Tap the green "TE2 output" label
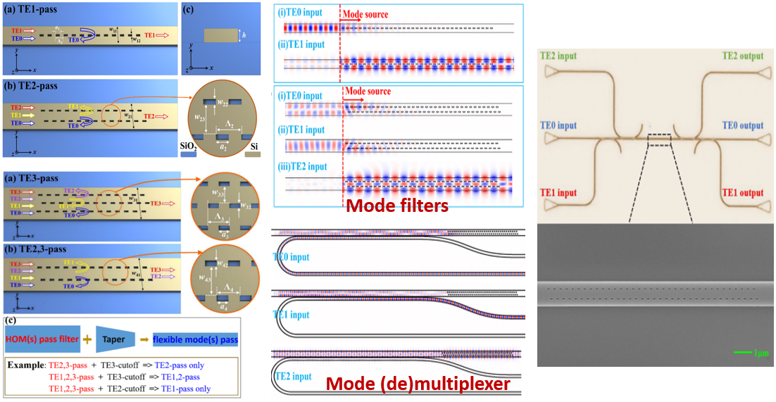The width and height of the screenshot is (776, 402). [x=746, y=56]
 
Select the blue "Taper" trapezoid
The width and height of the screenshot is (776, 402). [x=115, y=339]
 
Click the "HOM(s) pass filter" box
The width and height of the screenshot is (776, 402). [x=42, y=339]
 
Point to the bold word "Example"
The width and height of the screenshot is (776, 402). [x=27, y=365]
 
